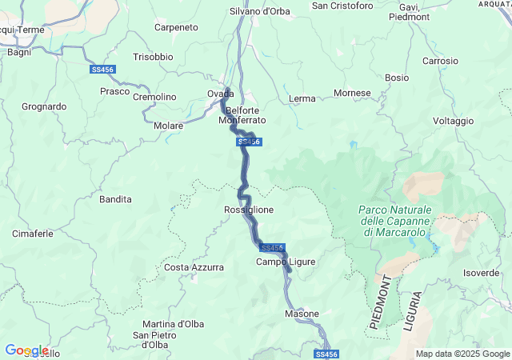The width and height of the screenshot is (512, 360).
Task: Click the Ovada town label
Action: click(x=221, y=94)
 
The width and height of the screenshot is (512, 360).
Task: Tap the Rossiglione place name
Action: click(x=249, y=210)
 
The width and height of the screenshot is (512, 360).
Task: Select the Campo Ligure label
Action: click(x=286, y=262)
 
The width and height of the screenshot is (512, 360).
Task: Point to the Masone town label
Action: click(x=302, y=314)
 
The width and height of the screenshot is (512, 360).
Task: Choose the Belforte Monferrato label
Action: click(x=242, y=115)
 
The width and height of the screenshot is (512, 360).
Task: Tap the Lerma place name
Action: click(x=301, y=98)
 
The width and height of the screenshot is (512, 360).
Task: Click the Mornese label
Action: click(x=352, y=93)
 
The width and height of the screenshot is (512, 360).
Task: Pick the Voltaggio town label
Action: click(x=454, y=121)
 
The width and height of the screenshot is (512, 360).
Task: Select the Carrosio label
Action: click(x=441, y=61)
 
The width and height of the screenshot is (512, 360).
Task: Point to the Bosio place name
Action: click(x=396, y=78)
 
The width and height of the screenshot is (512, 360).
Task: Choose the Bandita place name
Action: click(x=115, y=198)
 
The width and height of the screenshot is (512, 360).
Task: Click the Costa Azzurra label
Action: click(x=194, y=267)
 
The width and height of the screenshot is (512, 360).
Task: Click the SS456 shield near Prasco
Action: click(x=102, y=70)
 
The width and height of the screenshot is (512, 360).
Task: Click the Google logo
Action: click(x=26, y=350)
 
